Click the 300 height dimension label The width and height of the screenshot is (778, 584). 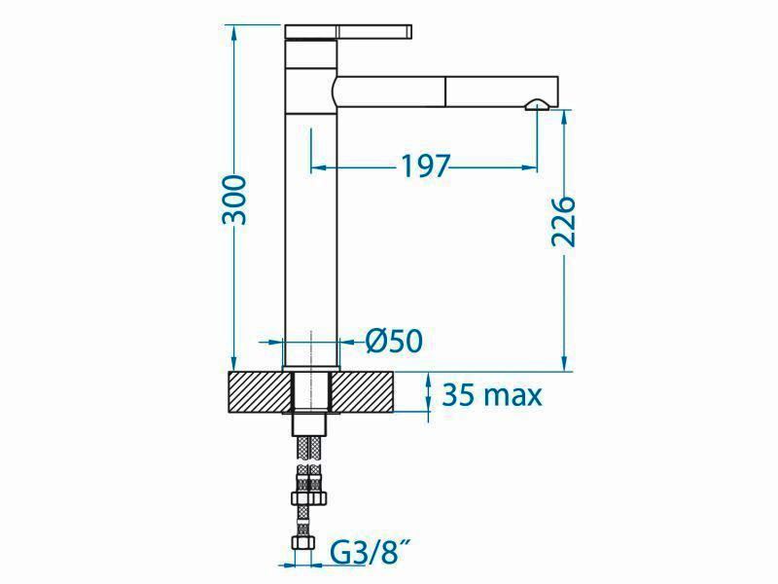(233, 200)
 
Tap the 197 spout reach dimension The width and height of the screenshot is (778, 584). (425, 166)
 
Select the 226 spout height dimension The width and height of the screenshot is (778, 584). (564, 222)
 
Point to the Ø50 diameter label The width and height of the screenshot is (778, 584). (394, 342)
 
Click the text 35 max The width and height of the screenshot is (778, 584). (492, 395)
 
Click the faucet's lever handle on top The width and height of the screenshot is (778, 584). (348, 31)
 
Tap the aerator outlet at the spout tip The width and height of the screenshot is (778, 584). (537, 104)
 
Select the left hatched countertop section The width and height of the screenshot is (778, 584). (260, 392)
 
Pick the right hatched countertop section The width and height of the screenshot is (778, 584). (363, 392)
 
